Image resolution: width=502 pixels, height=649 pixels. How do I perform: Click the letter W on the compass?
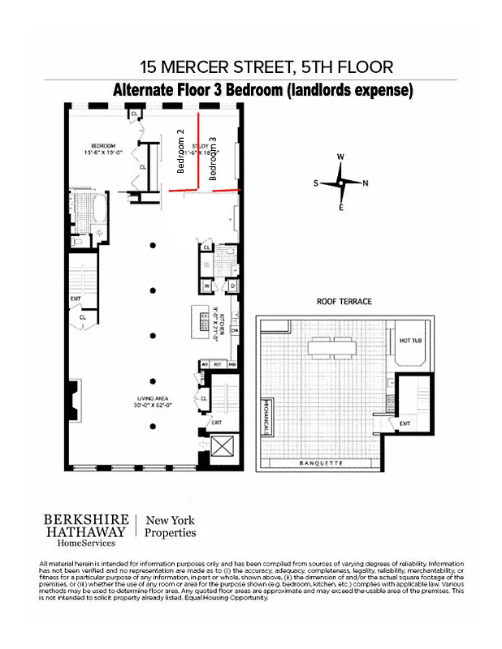coord(341,157)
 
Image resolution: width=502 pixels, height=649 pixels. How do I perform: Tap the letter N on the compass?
coord(366,183)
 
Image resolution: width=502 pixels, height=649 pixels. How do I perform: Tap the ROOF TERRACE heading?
coord(344,302)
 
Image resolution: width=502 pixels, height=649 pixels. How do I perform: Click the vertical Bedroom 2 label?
coord(181,151)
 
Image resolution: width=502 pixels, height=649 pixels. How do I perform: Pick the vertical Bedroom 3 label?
coord(214,158)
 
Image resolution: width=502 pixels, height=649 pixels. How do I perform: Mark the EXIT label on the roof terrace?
coord(405,423)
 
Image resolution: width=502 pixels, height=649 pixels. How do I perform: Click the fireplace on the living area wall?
coord(74,402)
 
